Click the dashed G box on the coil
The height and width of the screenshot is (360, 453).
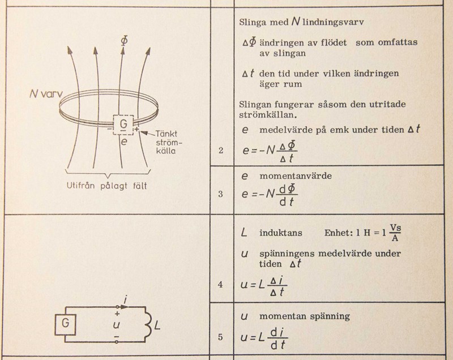[123, 125]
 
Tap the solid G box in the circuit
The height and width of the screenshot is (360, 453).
[66, 325]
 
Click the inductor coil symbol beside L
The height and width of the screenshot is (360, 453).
[148, 325]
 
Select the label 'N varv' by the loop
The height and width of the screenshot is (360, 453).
[46, 94]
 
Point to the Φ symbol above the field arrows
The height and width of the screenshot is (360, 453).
[123, 41]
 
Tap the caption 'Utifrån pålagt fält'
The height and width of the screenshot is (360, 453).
[106, 185]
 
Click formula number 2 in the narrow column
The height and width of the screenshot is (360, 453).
[221, 151]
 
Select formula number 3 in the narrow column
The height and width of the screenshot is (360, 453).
[221, 194]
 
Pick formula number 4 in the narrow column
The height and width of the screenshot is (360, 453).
[220, 285]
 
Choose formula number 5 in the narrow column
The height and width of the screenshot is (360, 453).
[220, 337]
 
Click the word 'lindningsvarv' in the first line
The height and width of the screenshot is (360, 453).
[333, 22]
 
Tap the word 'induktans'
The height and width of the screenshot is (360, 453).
[281, 233]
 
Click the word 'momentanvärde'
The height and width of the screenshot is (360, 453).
[296, 176]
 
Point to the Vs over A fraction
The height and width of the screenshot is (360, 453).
[395, 233]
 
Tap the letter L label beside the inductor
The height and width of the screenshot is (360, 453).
[157, 325]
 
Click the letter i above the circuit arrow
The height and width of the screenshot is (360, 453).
[125, 300]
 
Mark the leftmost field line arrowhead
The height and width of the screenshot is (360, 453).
[69, 50]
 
